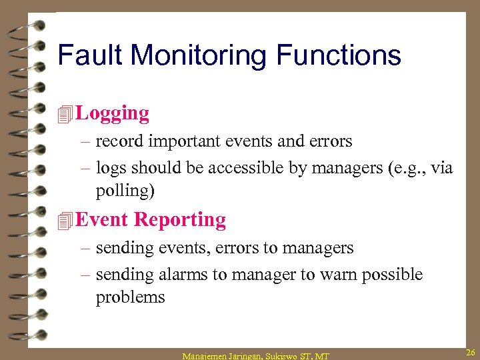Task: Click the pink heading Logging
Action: [x=113, y=114]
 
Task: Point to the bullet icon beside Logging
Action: [x=65, y=115]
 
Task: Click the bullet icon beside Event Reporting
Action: [x=65, y=221]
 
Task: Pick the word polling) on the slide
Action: [x=125, y=191]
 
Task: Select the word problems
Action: [x=130, y=297]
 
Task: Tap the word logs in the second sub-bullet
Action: [x=111, y=168]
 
